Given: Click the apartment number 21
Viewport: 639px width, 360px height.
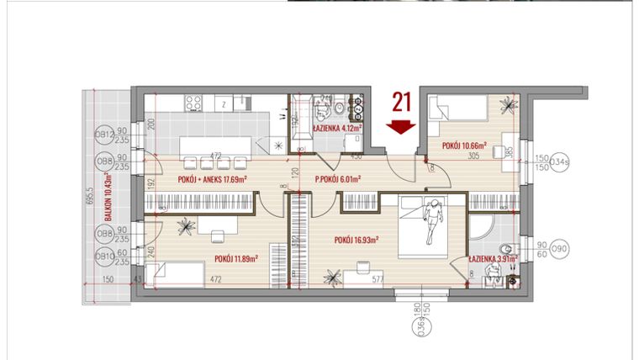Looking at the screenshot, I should click(x=401, y=103).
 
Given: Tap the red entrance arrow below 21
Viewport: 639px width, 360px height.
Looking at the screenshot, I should click(x=401, y=126).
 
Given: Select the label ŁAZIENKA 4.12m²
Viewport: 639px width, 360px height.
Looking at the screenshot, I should click(x=336, y=129).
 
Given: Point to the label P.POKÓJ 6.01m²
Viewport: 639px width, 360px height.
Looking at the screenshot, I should click(x=337, y=179).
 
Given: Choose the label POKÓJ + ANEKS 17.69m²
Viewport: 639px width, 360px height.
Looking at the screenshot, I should click(x=212, y=179).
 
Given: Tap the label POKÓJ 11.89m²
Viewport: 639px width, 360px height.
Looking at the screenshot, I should click(x=235, y=258).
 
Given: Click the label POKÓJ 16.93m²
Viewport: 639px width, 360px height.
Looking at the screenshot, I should click(x=356, y=240).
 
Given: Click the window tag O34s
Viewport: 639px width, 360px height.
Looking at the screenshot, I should click(x=559, y=162).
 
